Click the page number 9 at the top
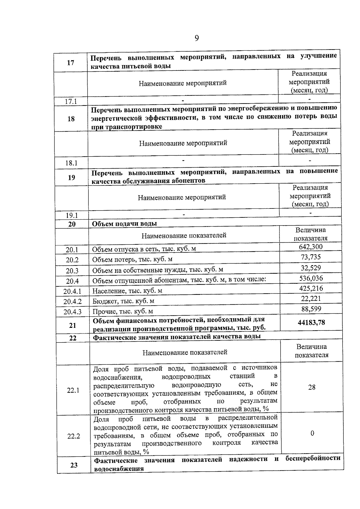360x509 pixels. click(x=197, y=38)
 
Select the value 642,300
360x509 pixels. click(x=310, y=247)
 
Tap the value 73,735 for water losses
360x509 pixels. click(x=311, y=257)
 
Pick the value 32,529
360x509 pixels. click(x=311, y=268)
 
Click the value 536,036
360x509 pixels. click(x=311, y=278)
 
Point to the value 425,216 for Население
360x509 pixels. click(x=311, y=289)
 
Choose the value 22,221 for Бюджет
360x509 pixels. click(x=311, y=299)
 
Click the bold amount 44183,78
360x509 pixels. click(x=311, y=323)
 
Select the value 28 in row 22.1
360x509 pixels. click(x=312, y=387)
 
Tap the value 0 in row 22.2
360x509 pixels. click(x=312, y=433)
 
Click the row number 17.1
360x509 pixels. click(x=71, y=101)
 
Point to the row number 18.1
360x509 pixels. click(x=71, y=163)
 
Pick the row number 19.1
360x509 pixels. click(x=72, y=215)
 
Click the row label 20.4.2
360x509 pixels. click(x=72, y=301)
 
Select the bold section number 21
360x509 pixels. click(x=73, y=325)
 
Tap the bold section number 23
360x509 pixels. click(x=74, y=465)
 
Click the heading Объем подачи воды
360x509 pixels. click(x=124, y=224)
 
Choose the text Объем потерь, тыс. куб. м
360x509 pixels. click(x=132, y=259)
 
